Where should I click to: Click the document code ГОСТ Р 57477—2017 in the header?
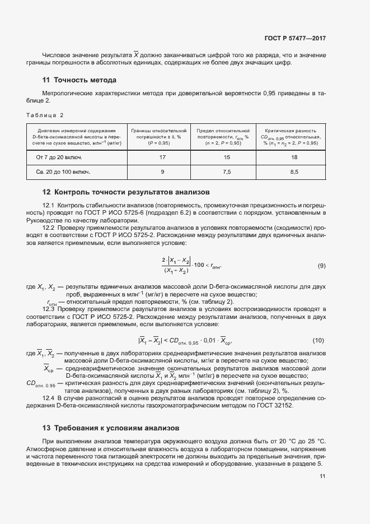[294, 39]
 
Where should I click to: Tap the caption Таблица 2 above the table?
[45, 115]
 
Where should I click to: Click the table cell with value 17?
[162, 157]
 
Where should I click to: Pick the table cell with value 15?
[227, 157]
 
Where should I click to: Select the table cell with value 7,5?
[227, 172]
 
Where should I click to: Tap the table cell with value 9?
[162, 172]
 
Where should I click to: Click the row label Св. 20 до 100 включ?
[63, 172]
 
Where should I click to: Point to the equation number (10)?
[319, 340]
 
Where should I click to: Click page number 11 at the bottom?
[322, 476]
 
